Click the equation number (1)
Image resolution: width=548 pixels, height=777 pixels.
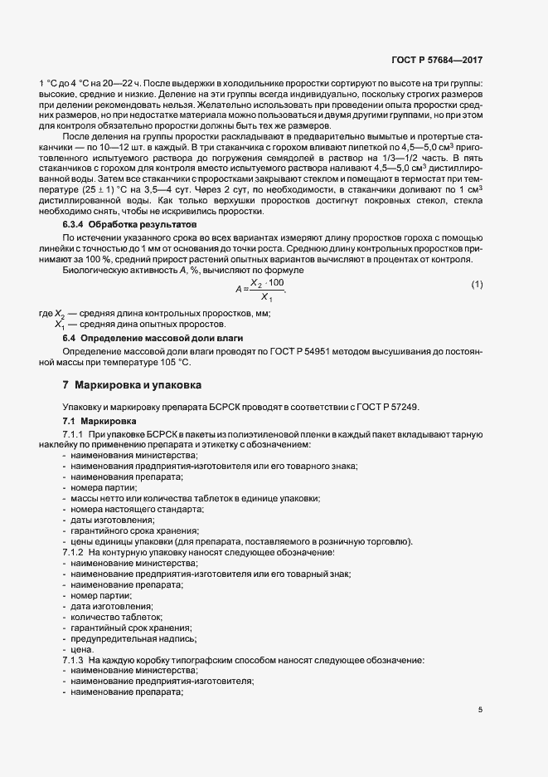[x=477, y=286]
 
